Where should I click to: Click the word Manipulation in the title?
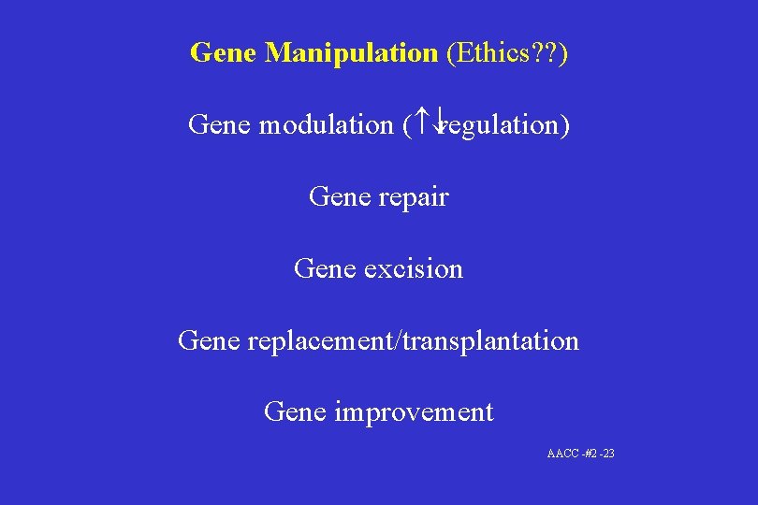(351, 52)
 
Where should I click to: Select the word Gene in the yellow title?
(224, 52)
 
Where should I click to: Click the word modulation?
(326, 124)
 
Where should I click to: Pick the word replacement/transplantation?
(414, 340)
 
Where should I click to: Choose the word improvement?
(414, 411)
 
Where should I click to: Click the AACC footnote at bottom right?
(580, 454)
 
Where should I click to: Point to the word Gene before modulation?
(220, 124)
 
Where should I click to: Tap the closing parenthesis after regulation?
(565, 124)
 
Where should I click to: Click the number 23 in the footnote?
(608, 454)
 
